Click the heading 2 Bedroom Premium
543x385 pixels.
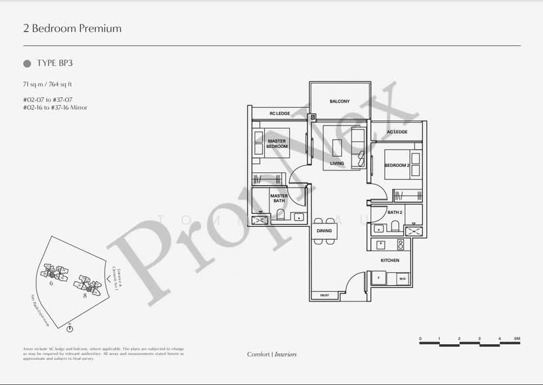pyautogui.click(x=72, y=29)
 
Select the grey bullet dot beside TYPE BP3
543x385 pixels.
pyautogui.click(x=27, y=63)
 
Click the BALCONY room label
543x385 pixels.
pyautogui.click(x=339, y=101)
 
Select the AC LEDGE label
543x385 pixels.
pyautogui.click(x=397, y=131)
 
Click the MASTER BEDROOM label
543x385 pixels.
pyautogui.click(x=277, y=144)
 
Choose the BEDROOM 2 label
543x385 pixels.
pyautogui.click(x=396, y=165)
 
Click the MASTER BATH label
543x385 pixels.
pyautogui.click(x=279, y=198)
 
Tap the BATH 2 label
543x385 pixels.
pyautogui.click(x=395, y=213)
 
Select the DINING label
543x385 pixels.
pyautogui.click(x=324, y=231)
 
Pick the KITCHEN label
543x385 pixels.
pyautogui.click(x=390, y=261)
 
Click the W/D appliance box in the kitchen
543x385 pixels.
pyautogui.click(x=402, y=278)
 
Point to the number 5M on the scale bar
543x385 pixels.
pyautogui.click(x=517, y=338)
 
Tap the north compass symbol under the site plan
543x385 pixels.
pyautogui.click(x=70, y=329)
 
